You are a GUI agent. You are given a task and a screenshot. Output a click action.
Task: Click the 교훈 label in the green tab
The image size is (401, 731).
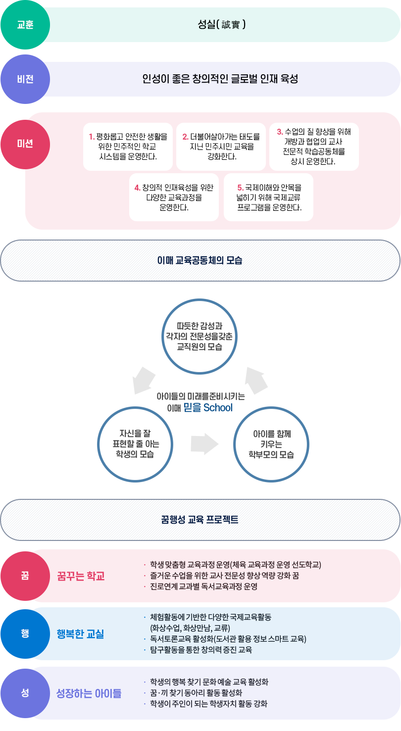(x=25, y=25)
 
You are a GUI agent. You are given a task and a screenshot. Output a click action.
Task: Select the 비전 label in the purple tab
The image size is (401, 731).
(x=25, y=79)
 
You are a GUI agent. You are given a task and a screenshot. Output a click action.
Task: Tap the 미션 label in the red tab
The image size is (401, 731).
(x=25, y=144)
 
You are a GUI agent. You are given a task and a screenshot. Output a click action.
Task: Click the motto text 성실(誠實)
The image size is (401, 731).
(x=222, y=24)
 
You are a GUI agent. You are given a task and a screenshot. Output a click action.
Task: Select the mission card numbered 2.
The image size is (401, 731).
(x=221, y=146)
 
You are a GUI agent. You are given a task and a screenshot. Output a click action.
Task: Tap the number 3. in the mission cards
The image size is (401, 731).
(x=280, y=132)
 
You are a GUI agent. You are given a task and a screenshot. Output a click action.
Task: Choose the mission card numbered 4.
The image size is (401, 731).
(x=174, y=197)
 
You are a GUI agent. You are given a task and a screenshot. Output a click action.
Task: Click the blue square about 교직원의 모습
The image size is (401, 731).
(x=200, y=336)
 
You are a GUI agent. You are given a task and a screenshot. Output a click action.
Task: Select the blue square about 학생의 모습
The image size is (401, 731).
(x=135, y=444)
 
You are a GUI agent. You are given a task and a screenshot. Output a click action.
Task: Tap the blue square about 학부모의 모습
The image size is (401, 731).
(x=271, y=444)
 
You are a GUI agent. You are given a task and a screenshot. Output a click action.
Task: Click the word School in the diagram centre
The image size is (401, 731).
(x=218, y=408)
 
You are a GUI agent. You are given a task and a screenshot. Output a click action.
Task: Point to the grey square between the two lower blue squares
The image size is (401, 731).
(x=204, y=443)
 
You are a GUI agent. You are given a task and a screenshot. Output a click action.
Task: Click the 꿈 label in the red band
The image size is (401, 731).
(x=25, y=576)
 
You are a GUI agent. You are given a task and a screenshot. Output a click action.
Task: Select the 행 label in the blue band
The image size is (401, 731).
(x=25, y=633)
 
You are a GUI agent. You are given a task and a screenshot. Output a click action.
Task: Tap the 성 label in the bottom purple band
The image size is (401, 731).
(x=25, y=693)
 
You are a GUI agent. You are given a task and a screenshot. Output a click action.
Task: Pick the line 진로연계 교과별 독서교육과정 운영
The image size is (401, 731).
(x=203, y=586)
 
